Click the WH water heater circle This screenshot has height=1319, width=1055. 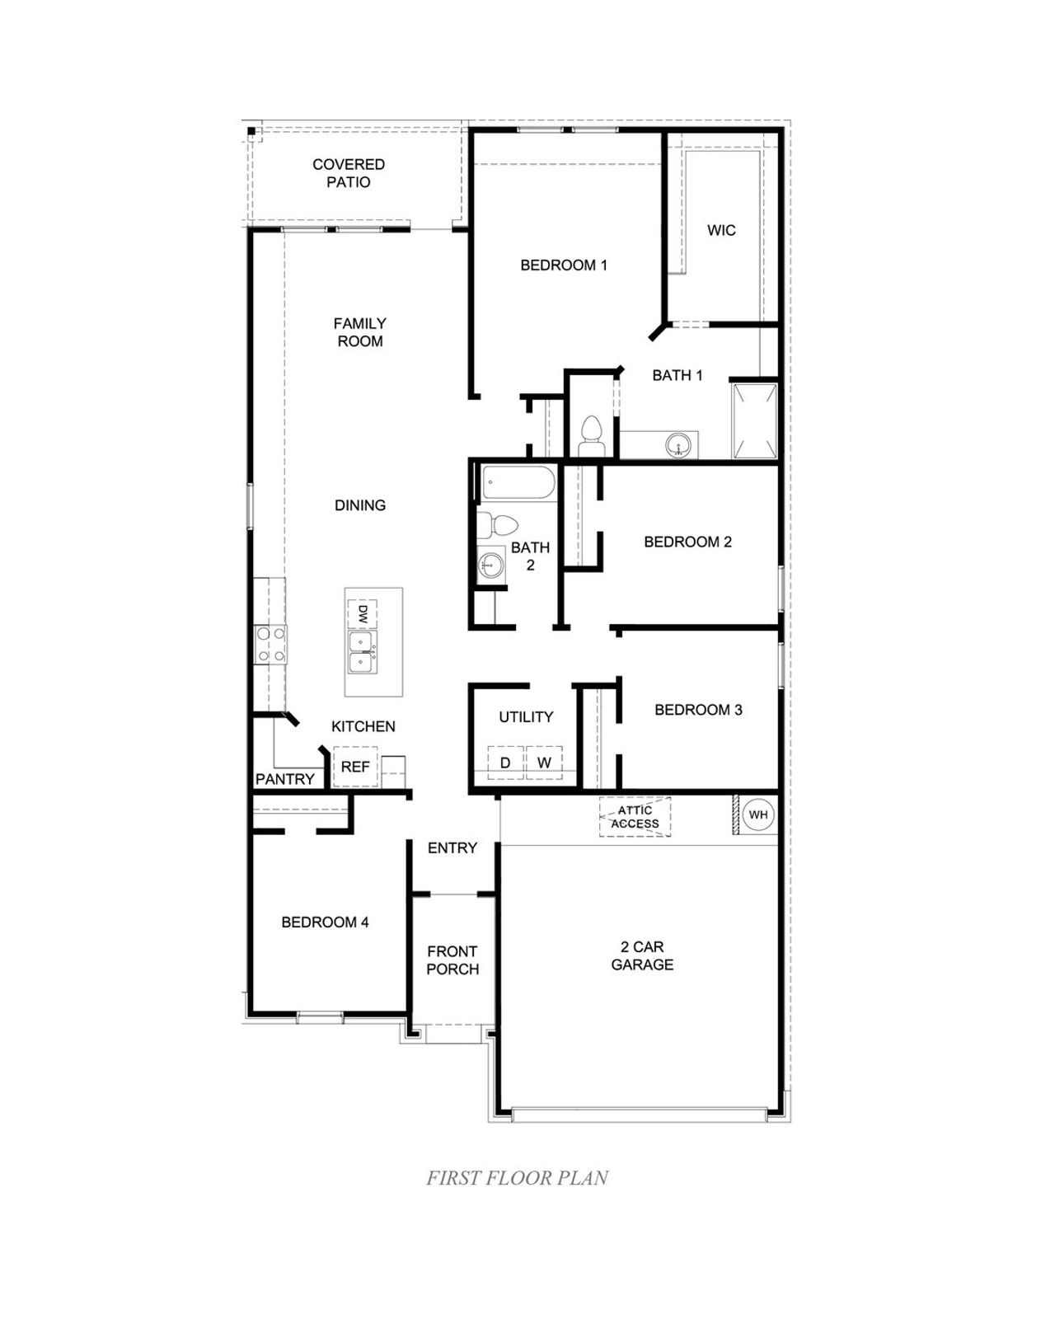(758, 815)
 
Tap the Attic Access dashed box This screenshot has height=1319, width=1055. (635, 817)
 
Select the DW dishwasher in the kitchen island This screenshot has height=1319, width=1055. (363, 615)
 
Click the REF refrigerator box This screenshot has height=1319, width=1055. (355, 767)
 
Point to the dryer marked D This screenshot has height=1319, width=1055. (506, 763)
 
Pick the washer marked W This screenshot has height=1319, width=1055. (544, 763)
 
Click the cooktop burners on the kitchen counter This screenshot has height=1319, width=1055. (270, 645)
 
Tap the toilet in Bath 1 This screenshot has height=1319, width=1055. (590, 435)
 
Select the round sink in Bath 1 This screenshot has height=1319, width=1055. (678, 446)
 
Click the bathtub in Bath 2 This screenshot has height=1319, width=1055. (517, 482)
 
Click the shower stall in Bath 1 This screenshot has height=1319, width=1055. (754, 420)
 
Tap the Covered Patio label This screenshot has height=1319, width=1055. (349, 173)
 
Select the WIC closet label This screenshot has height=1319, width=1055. (721, 230)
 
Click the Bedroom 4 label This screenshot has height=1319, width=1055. (325, 922)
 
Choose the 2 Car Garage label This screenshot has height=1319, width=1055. (642, 955)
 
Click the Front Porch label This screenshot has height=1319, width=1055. (452, 960)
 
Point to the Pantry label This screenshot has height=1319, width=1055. (285, 779)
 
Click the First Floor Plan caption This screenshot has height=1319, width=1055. (517, 1178)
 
